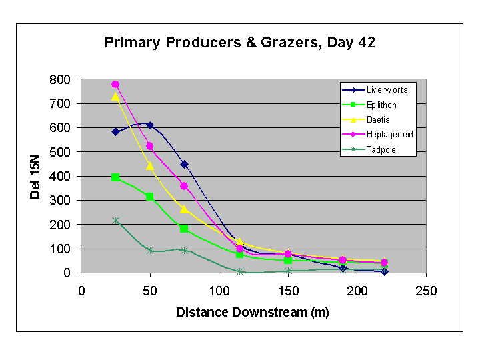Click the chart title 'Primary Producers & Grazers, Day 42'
(x=240, y=43)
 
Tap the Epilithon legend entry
(x=369, y=105)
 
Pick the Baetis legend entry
(x=366, y=120)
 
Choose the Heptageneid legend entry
(x=377, y=135)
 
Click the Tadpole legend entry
(x=369, y=150)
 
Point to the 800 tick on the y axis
(x=60, y=79)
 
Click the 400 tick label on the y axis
(x=60, y=176)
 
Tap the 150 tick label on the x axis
(x=288, y=291)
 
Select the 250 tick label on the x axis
(x=426, y=291)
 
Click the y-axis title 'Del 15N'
(x=35, y=177)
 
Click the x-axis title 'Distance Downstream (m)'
(x=253, y=313)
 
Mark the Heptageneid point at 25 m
(x=115, y=84)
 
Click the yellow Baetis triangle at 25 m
(x=115, y=97)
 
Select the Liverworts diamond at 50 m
(x=150, y=125)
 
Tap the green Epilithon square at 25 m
(x=115, y=177)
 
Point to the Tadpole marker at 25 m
(x=115, y=221)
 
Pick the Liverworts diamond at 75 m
(x=184, y=165)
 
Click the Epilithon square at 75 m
(x=184, y=229)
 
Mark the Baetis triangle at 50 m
(x=150, y=166)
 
